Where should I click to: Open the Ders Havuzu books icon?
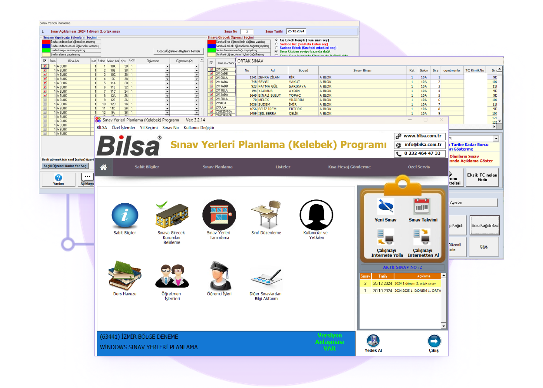point(125,275)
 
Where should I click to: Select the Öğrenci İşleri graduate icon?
point(219,276)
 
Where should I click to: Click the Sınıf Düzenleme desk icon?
point(266,215)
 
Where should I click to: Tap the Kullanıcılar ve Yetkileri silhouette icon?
point(316,215)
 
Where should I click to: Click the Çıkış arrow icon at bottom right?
point(434,341)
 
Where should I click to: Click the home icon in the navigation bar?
point(104,167)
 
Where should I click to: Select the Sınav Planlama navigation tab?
point(218,167)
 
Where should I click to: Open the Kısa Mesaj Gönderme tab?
point(349,167)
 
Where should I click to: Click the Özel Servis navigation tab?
point(419,167)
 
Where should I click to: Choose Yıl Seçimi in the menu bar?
point(149,128)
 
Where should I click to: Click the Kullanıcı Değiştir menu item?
point(199,128)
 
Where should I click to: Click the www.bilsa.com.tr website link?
point(422,136)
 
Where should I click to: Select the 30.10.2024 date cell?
point(382,291)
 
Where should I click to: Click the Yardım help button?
point(59,179)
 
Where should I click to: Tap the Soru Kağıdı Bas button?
point(484,225)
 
